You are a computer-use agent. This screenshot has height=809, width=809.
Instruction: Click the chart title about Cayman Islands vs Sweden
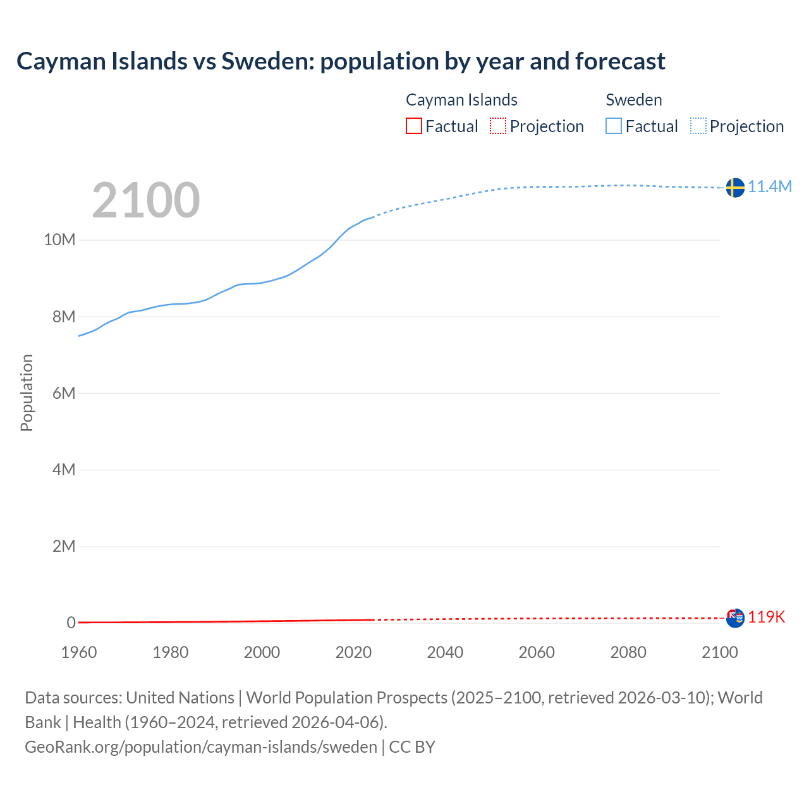(341, 61)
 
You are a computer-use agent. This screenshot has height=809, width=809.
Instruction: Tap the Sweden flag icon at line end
(735, 188)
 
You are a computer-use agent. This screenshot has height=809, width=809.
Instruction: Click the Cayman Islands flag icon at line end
(735, 617)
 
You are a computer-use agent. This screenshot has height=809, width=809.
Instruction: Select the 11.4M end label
(770, 186)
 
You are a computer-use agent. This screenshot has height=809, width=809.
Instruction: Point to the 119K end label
(766, 617)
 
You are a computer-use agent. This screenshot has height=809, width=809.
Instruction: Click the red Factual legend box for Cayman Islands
(414, 126)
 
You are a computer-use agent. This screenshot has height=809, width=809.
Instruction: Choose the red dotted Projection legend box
(498, 126)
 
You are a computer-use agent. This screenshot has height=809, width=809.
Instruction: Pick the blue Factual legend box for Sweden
(614, 126)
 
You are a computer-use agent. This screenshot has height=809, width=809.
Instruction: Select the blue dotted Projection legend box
(698, 126)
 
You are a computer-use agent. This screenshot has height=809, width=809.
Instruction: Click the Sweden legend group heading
(634, 100)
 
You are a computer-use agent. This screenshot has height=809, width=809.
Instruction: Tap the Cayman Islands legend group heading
(461, 100)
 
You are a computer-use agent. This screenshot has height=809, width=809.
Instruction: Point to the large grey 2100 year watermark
(146, 200)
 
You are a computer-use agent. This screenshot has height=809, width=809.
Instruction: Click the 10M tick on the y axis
(59, 240)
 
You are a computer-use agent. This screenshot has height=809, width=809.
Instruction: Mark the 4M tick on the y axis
(63, 470)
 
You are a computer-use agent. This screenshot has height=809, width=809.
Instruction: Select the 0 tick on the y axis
(71, 623)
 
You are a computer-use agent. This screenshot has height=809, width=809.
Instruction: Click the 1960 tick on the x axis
(79, 652)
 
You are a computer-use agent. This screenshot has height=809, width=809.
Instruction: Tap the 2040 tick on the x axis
(445, 652)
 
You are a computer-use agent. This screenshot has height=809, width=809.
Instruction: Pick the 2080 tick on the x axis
(628, 652)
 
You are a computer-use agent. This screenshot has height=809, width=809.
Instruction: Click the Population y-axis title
(27, 392)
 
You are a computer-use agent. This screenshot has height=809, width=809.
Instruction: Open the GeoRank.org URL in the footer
(201, 746)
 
